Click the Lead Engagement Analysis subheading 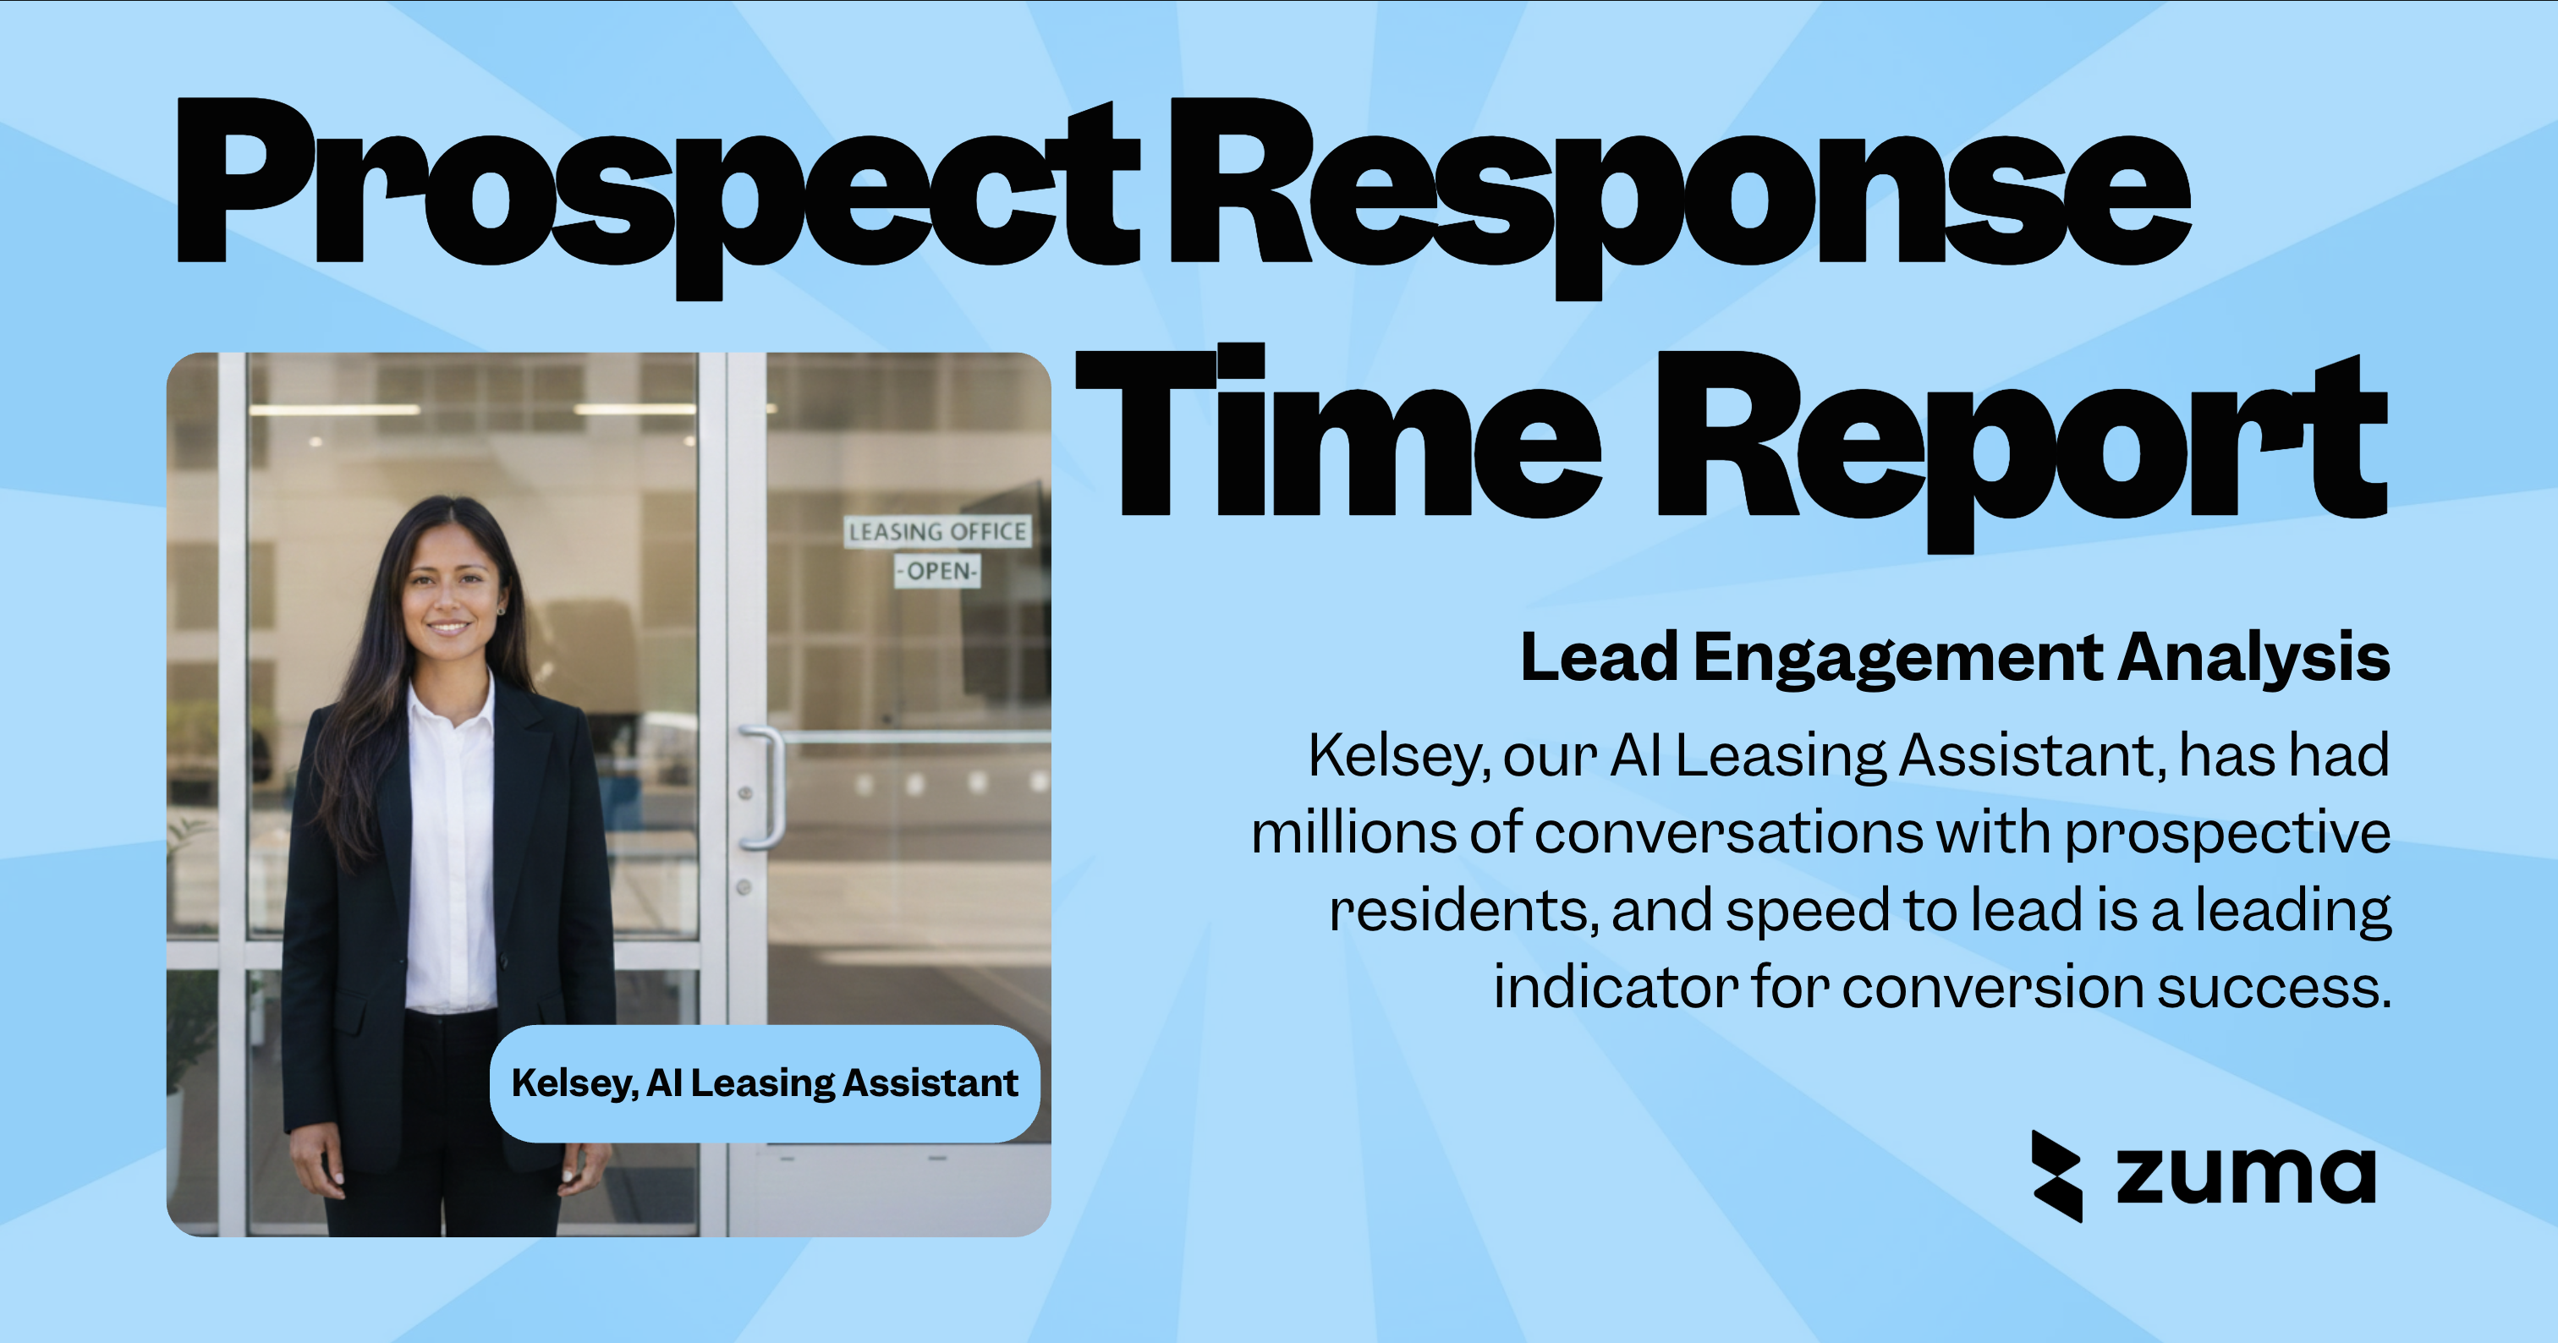click(x=1954, y=657)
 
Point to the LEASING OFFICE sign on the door click(x=937, y=532)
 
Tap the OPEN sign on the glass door click(x=937, y=571)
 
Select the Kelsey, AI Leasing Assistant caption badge click(x=764, y=1083)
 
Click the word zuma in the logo click(x=2245, y=1176)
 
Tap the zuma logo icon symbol click(x=2056, y=1176)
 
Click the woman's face click(x=449, y=595)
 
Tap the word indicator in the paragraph click(x=1616, y=988)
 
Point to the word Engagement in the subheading click(x=1897, y=659)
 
